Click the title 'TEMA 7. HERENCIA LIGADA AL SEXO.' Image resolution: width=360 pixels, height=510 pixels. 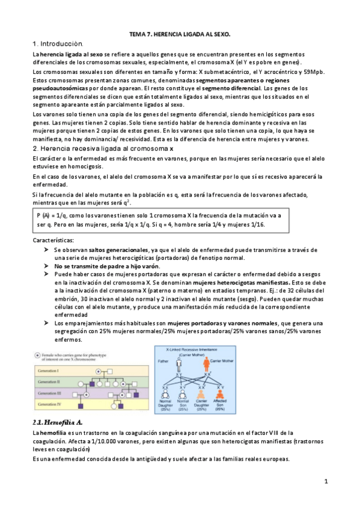tap(180, 36)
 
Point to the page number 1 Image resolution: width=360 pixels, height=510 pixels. tap(325, 482)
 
